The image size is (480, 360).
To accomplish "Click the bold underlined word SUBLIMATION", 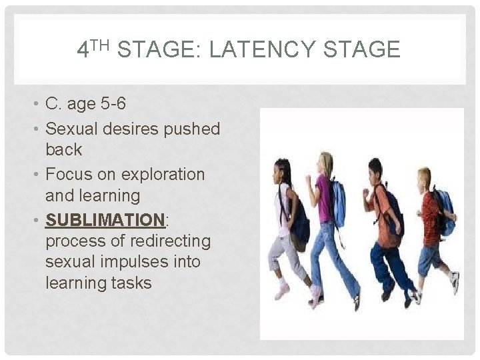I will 104,219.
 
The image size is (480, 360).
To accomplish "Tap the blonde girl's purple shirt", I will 324,197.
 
